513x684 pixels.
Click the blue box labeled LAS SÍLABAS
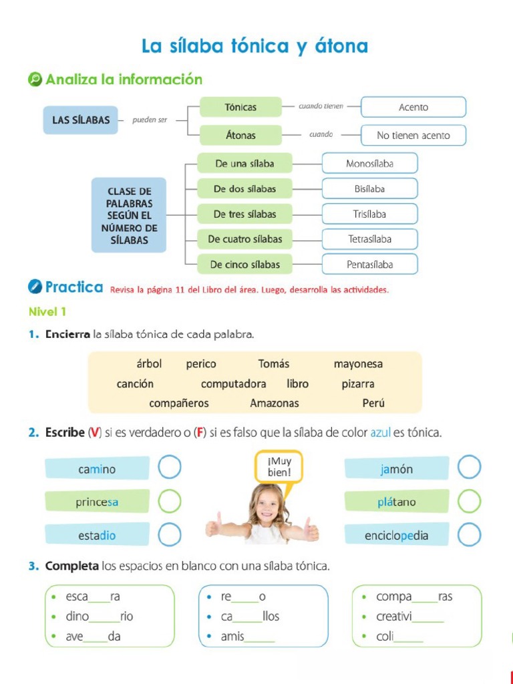81,120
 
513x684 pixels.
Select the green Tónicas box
240,107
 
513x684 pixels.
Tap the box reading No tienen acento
413,136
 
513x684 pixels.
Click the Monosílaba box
369,163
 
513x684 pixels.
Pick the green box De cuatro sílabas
244,239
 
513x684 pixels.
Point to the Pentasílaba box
369,265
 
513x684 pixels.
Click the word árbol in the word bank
149,364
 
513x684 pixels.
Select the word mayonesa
358,364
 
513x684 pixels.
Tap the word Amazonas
275,403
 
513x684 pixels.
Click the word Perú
373,403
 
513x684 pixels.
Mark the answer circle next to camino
170,468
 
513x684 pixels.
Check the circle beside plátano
470,501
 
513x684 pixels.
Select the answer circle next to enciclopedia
470,534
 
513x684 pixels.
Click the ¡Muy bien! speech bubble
279,466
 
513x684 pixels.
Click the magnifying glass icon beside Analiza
35,79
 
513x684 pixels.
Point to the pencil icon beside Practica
35,287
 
